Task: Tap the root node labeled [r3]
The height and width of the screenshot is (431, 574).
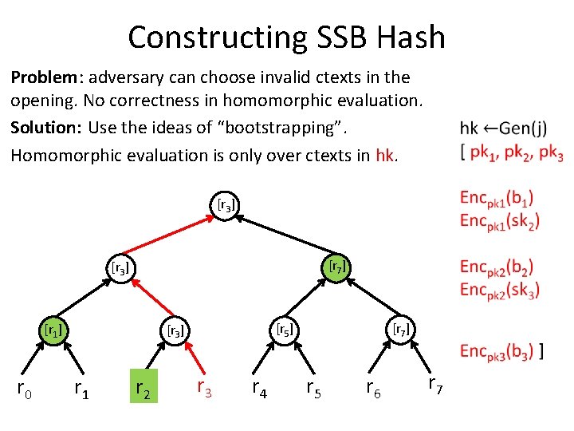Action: (x=226, y=205)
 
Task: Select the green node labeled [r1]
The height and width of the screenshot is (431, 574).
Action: (x=53, y=328)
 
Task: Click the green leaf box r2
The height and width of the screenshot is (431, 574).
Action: (x=143, y=387)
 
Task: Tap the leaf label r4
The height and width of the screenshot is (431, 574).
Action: (x=259, y=389)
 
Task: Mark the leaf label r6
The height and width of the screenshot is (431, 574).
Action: (x=372, y=389)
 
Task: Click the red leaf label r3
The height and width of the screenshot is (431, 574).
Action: (x=204, y=388)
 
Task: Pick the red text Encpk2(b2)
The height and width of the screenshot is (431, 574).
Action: (x=498, y=267)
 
